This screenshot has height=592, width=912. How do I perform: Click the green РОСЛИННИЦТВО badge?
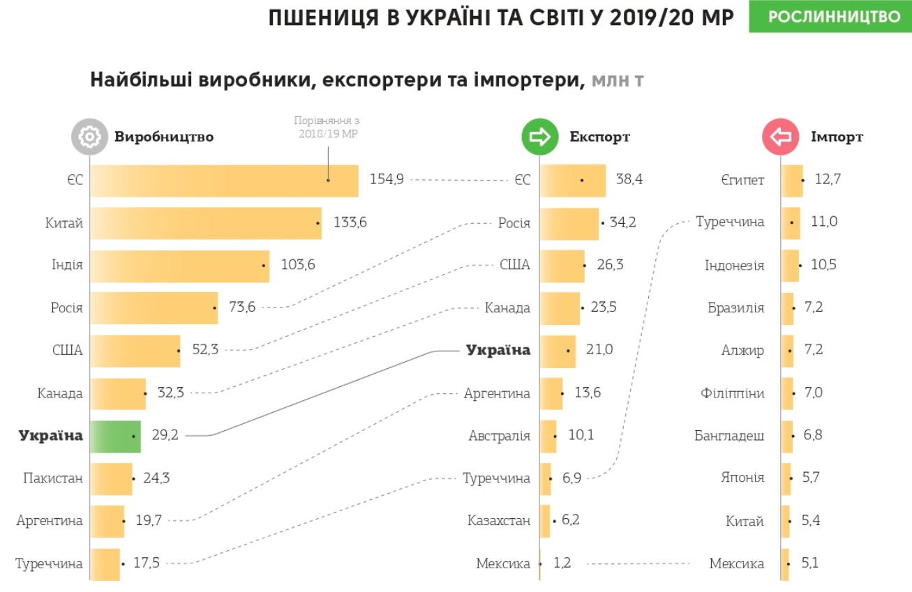(x=830, y=17)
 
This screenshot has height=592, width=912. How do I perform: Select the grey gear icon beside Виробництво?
(x=89, y=137)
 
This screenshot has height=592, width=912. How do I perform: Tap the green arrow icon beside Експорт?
(x=540, y=137)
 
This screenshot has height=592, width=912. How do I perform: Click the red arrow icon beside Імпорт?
(x=780, y=137)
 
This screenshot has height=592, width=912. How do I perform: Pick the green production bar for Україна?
(x=115, y=437)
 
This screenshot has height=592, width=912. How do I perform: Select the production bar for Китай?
(x=205, y=223)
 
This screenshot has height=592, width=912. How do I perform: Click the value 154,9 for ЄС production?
(x=387, y=180)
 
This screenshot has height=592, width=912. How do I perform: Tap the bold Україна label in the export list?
(x=498, y=350)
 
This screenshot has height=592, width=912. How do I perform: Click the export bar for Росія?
(x=569, y=224)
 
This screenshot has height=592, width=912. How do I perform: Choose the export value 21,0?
(x=599, y=350)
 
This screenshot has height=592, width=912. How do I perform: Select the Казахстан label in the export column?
(x=499, y=521)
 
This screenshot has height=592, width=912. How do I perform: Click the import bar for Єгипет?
(x=792, y=181)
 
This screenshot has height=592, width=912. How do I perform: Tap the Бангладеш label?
(x=729, y=436)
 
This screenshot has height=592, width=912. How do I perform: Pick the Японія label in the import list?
(x=742, y=478)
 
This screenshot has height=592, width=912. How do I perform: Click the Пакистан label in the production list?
(x=52, y=478)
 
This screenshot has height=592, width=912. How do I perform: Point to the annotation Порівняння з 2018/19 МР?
(x=327, y=127)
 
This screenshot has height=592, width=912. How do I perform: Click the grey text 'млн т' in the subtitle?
(x=618, y=80)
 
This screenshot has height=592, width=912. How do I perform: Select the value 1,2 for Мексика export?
(x=562, y=563)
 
